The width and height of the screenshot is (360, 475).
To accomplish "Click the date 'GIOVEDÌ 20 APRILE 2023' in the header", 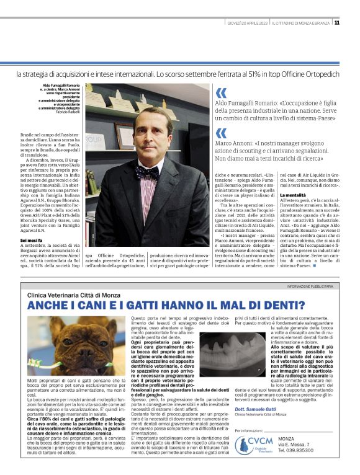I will click(246, 23).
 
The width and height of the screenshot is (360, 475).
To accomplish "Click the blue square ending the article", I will click(332, 274).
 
